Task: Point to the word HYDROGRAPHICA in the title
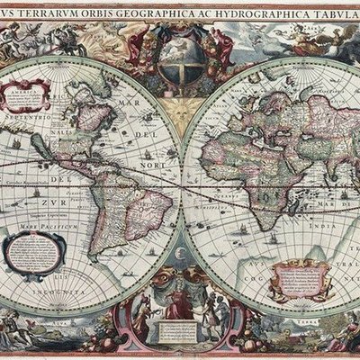tap(256, 12)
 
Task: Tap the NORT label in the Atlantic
tap(151, 166)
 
